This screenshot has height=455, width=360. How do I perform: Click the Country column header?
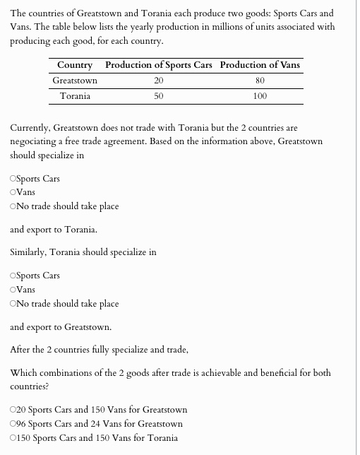click(75, 65)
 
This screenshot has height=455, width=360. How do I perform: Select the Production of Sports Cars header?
click(158, 65)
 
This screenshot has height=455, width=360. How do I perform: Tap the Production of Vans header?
click(260, 65)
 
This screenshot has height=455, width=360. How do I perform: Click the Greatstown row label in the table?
click(75, 81)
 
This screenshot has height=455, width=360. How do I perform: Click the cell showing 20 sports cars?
click(158, 81)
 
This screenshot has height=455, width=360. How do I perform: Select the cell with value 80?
click(260, 81)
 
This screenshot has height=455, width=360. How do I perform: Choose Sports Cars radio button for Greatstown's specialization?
click(14, 179)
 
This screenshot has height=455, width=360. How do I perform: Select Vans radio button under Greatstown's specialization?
click(14, 192)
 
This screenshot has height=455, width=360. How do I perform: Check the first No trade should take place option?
click(14, 206)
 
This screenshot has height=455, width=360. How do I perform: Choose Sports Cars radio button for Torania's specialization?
click(14, 276)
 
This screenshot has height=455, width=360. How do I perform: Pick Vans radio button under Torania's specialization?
click(14, 290)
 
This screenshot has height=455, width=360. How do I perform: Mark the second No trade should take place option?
click(14, 304)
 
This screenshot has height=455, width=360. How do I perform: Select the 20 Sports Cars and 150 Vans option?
click(14, 410)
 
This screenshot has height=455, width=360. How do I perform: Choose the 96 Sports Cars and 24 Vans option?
click(14, 424)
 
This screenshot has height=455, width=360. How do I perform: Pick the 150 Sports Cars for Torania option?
click(14, 438)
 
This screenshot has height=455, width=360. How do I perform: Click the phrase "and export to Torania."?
click(54, 230)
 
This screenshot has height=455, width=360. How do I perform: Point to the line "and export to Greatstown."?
click(61, 327)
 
